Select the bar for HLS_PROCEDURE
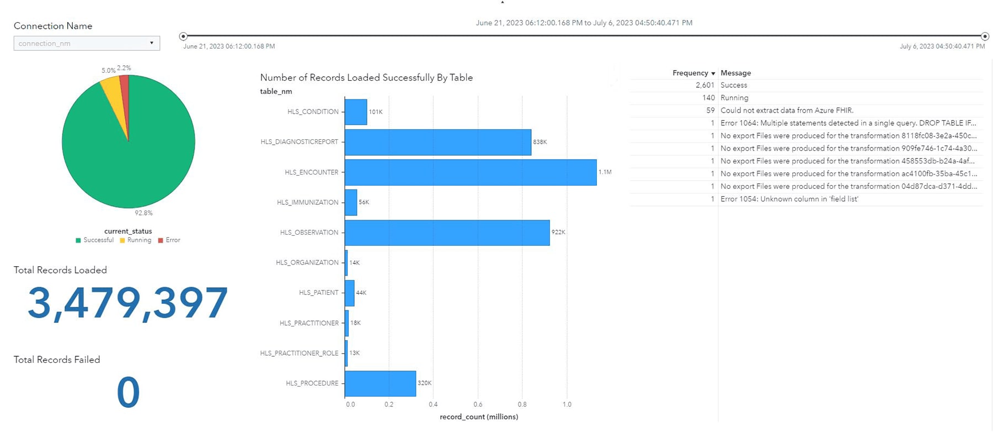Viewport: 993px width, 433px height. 380,383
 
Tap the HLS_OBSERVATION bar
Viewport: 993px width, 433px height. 447,233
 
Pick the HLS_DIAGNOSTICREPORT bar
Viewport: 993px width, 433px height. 437,142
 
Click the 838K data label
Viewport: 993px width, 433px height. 540,142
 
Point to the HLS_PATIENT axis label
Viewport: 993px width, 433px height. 318,293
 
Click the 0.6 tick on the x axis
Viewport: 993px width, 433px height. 478,404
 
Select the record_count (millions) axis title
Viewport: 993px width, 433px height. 479,417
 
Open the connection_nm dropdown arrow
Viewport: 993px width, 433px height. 152,43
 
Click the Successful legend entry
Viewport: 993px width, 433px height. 95,240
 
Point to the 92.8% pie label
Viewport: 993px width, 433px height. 143,213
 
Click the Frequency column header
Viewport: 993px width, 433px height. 690,73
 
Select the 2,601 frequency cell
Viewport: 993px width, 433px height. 705,85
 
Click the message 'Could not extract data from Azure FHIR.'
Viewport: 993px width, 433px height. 787,110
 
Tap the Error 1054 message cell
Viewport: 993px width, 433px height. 789,199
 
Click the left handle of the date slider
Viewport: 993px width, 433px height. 183,36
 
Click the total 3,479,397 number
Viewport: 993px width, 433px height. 127,303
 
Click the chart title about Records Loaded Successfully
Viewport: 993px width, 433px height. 366,78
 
